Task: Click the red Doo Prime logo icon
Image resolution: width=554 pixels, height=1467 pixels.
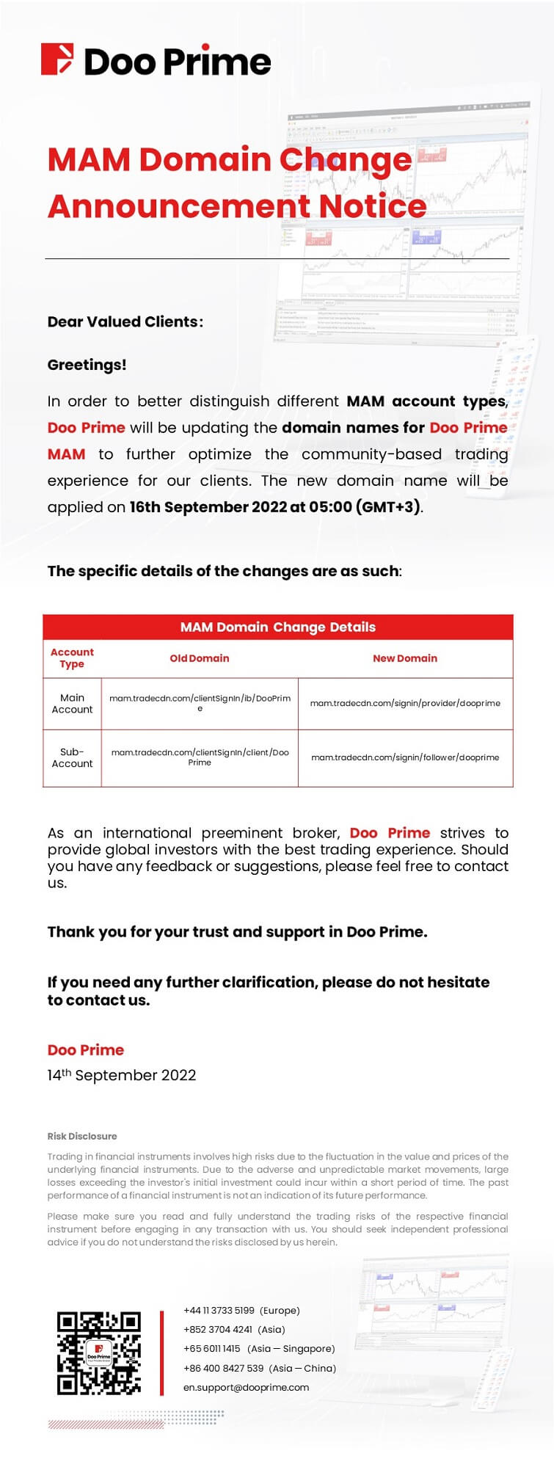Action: [57, 59]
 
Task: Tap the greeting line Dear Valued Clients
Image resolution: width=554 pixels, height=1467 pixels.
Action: [125, 321]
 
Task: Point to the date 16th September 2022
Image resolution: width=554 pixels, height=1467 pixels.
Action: [208, 507]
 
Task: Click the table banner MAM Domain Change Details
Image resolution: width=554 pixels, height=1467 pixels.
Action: [277, 627]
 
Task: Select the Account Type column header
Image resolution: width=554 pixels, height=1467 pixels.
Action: [72, 658]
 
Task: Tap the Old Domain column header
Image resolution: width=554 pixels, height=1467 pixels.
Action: [200, 658]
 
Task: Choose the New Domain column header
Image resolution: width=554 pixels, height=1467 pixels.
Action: [405, 658]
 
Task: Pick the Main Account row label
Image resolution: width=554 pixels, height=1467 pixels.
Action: [72, 703]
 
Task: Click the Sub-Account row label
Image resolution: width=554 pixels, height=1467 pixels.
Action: [72, 757]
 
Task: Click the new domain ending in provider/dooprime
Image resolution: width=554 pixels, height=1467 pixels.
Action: [405, 703]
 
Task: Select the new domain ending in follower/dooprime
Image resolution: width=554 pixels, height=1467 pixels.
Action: [405, 757]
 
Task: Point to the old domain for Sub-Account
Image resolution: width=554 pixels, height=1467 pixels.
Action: [200, 757]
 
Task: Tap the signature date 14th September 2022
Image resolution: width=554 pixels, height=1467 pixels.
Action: [122, 1075]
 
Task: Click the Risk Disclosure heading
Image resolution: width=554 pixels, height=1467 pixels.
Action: [82, 1136]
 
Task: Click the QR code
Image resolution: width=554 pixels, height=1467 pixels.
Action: [99, 1353]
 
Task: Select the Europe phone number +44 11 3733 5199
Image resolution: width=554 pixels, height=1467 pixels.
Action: [219, 1310]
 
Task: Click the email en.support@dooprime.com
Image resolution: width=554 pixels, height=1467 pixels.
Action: [246, 1387]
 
